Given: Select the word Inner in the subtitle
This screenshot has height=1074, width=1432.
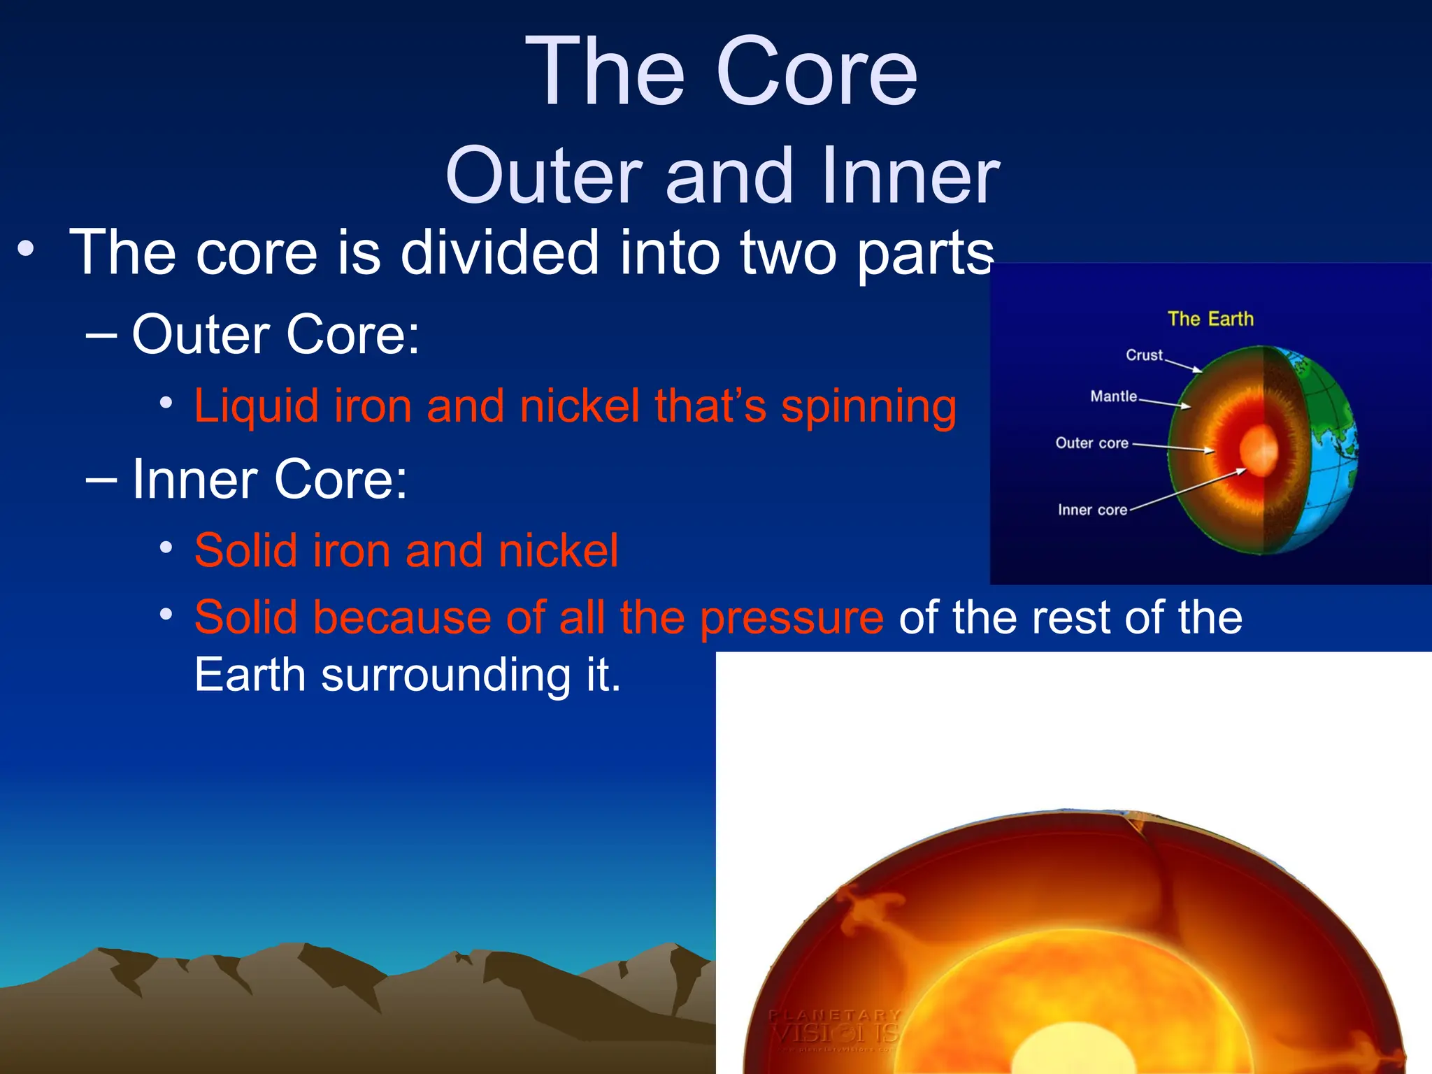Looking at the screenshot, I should tap(910, 176).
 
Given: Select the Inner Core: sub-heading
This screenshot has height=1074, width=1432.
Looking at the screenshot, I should tap(269, 480).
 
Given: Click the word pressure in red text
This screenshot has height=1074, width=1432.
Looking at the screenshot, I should tap(792, 618).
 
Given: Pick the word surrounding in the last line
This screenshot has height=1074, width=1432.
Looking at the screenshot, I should tap(446, 675).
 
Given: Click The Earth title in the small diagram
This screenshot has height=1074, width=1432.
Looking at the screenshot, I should tap(1210, 319).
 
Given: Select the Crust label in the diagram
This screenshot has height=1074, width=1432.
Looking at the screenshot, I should tap(1144, 355).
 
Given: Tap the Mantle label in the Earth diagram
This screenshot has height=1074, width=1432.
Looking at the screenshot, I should tap(1113, 396).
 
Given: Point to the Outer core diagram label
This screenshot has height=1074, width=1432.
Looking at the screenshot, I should tap(1091, 443).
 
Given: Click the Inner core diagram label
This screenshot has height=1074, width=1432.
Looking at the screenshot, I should tap(1092, 510).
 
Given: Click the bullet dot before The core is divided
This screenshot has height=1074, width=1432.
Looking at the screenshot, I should tap(26, 250).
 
